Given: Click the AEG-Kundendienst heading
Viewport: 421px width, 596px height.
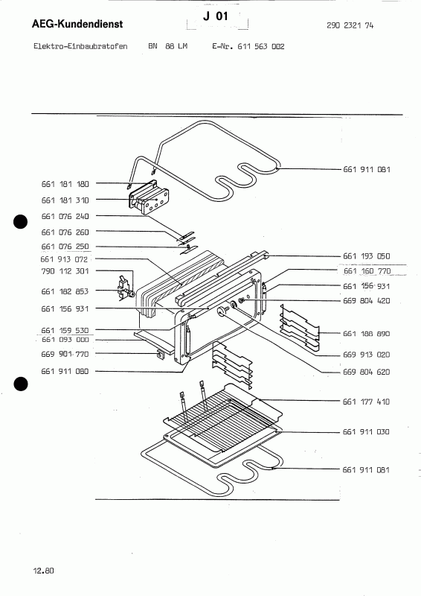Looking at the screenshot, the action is [77, 24].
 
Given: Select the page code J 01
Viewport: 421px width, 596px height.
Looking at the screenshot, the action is [215, 16].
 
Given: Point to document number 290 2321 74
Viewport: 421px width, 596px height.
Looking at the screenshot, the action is [350, 25].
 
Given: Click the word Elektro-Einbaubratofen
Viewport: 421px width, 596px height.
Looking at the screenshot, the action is [80, 46].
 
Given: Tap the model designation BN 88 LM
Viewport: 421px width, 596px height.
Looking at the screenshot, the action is [168, 46].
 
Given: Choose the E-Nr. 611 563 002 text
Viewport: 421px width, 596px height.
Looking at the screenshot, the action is [248, 46].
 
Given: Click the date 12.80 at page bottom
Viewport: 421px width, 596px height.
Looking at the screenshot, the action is [44, 571].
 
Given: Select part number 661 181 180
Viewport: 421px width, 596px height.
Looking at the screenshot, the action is [65, 184].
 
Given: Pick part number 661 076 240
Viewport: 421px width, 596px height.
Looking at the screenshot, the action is [65, 216].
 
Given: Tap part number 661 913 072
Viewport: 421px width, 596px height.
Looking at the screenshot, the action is [64, 259].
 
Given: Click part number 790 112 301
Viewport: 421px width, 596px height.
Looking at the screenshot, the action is [65, 271].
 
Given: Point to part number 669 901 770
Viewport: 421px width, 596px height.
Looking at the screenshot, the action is [65, 354].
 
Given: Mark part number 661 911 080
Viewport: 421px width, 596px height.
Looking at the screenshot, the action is [65, 371].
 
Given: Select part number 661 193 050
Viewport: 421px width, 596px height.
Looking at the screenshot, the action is [367, 256].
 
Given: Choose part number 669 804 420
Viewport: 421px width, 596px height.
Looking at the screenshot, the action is [367, 301].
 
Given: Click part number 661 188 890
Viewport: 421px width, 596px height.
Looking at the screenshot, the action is [367, 334].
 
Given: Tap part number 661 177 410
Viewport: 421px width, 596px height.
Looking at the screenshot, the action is [366, 402].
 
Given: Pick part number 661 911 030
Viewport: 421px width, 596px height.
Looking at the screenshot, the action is [366, 432].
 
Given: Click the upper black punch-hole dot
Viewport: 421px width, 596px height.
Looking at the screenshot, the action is [21, 222].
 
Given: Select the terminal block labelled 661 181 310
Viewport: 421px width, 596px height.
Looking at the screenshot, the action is [149, 197].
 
